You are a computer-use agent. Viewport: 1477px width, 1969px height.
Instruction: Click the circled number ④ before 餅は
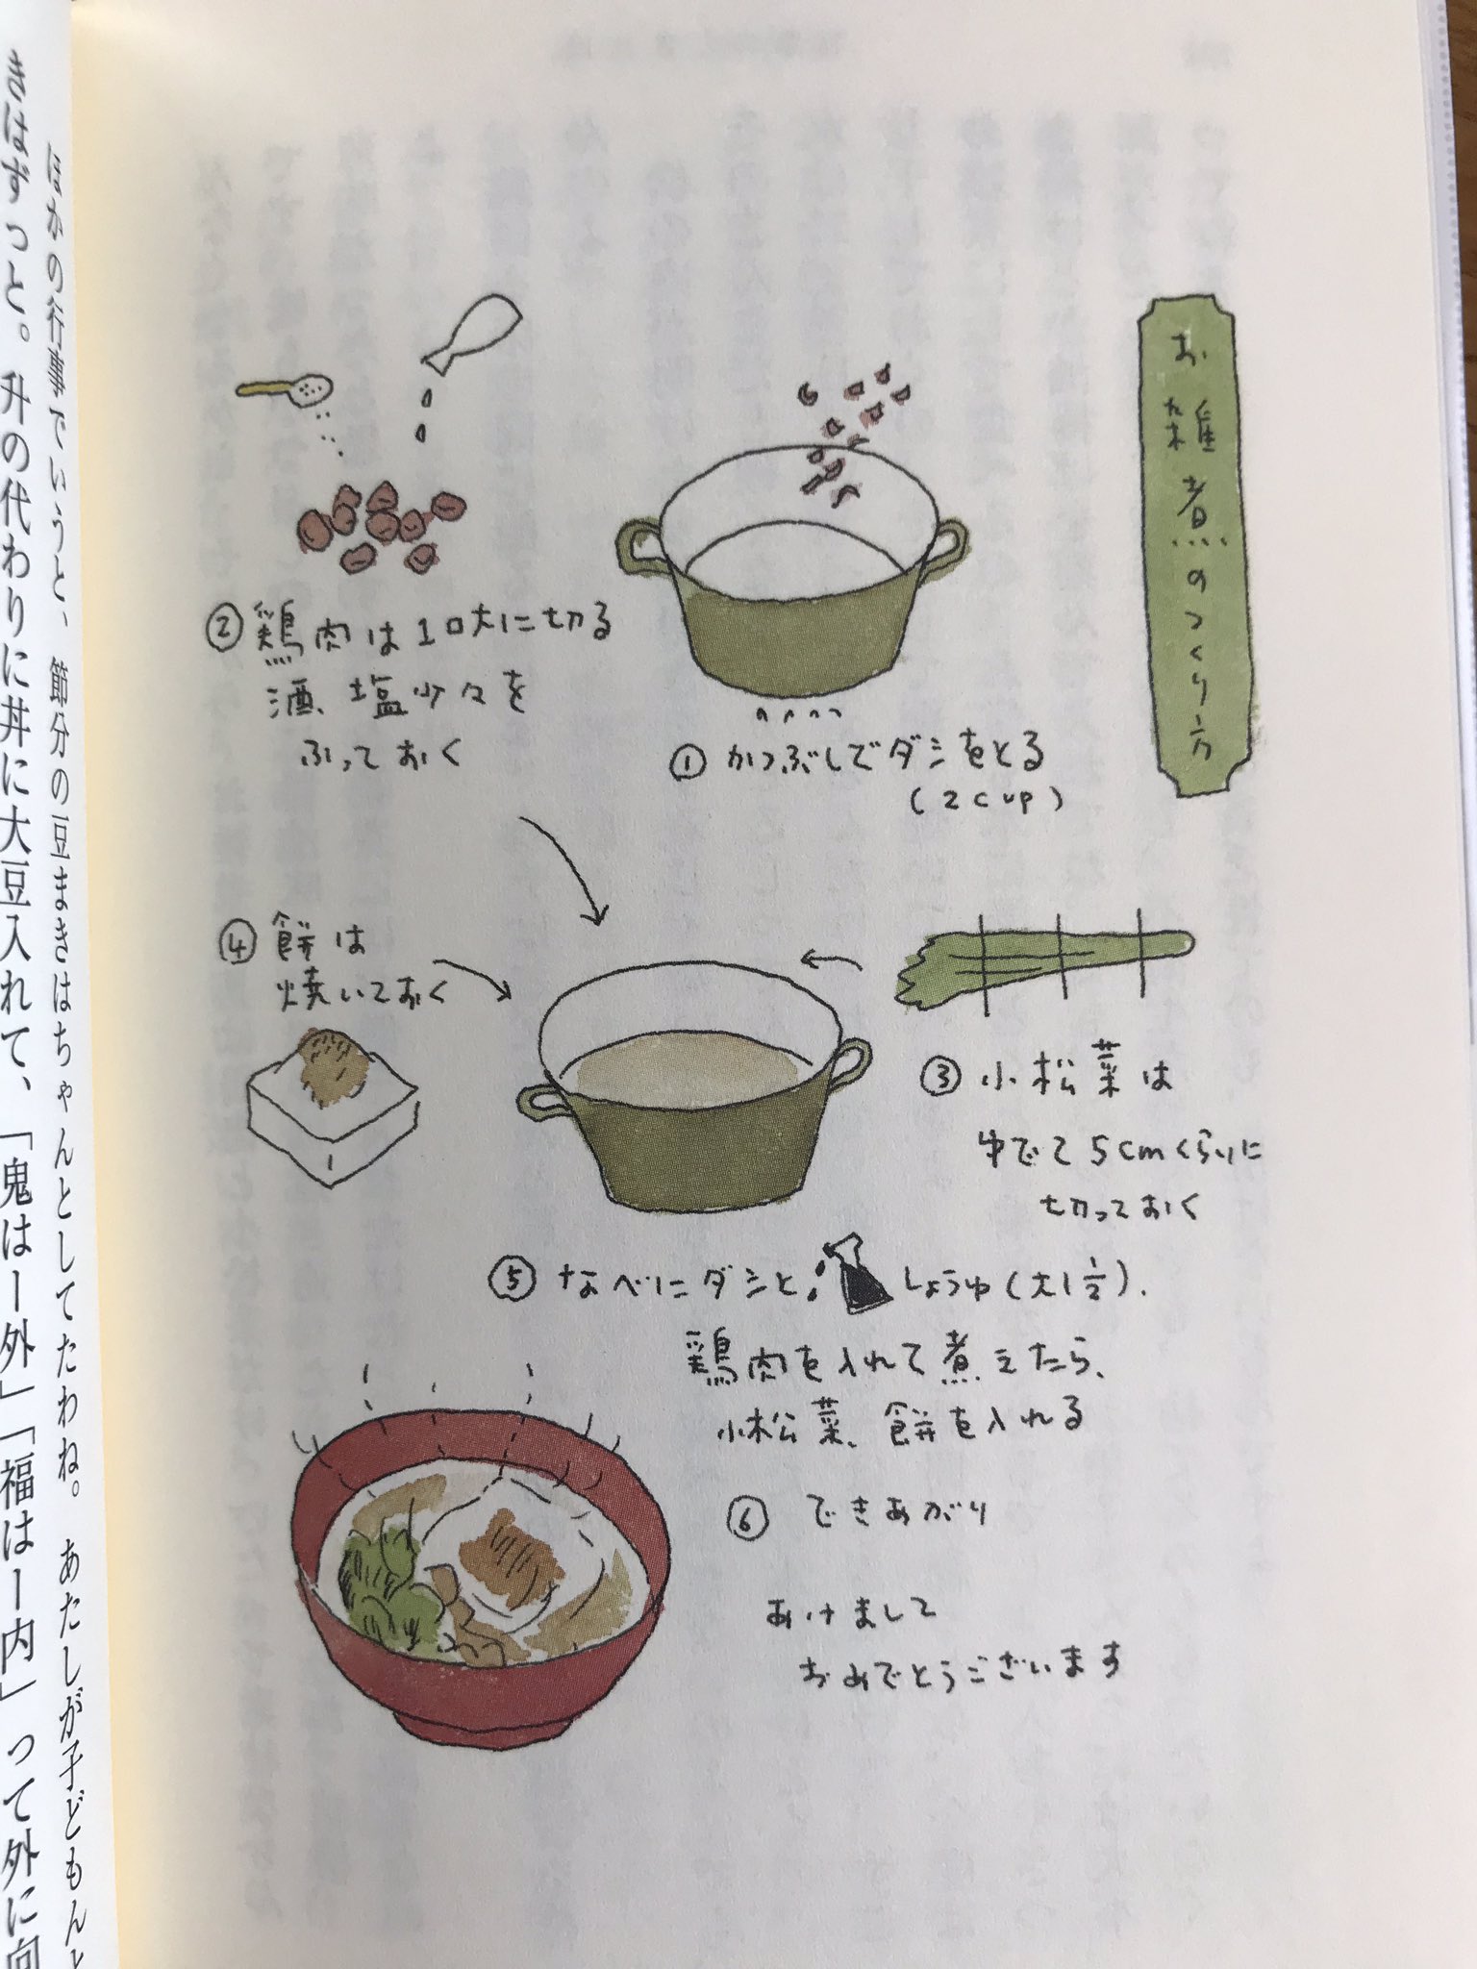coord(237,947)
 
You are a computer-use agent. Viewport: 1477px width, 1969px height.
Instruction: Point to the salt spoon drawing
coord(288,389)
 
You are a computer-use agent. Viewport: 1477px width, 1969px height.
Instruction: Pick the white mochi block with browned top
coord(332,1106)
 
